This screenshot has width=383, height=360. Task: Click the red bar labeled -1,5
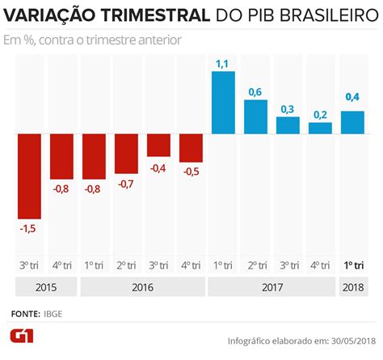30,176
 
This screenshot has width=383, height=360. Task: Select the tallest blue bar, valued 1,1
223,102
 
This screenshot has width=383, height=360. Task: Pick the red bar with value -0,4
158,145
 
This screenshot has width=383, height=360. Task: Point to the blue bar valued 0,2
320,128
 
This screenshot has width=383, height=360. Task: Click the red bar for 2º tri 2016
126,153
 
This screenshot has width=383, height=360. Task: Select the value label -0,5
191,172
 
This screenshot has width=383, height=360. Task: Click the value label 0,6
255,91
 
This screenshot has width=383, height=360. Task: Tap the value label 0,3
288,108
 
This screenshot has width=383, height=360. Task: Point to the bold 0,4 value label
352,98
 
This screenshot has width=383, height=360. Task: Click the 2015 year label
46,286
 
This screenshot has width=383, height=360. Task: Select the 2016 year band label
142,286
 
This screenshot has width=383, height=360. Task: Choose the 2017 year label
271,286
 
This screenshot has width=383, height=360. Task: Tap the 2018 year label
352,286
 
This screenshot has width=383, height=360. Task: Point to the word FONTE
27,312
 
